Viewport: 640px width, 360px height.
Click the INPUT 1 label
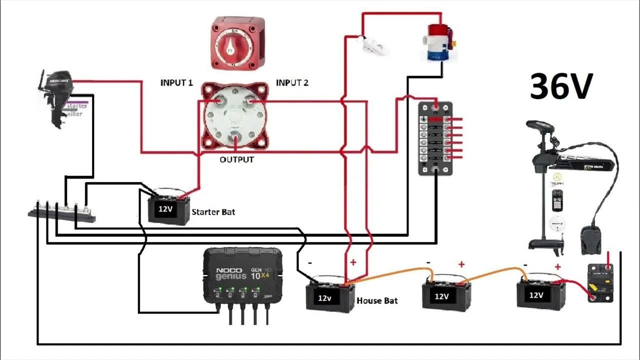click(x=176, y=83)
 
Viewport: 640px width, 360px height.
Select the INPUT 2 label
click(x=292, y=83)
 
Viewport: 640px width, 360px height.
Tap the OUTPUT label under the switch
click(x=236, y=160)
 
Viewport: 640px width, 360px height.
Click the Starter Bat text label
click(x=213, y=212)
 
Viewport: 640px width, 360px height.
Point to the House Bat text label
click(x=377, y=301)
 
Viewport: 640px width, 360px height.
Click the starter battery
click(x=168, y=207)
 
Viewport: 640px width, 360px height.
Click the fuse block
click(x=435, y=138)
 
